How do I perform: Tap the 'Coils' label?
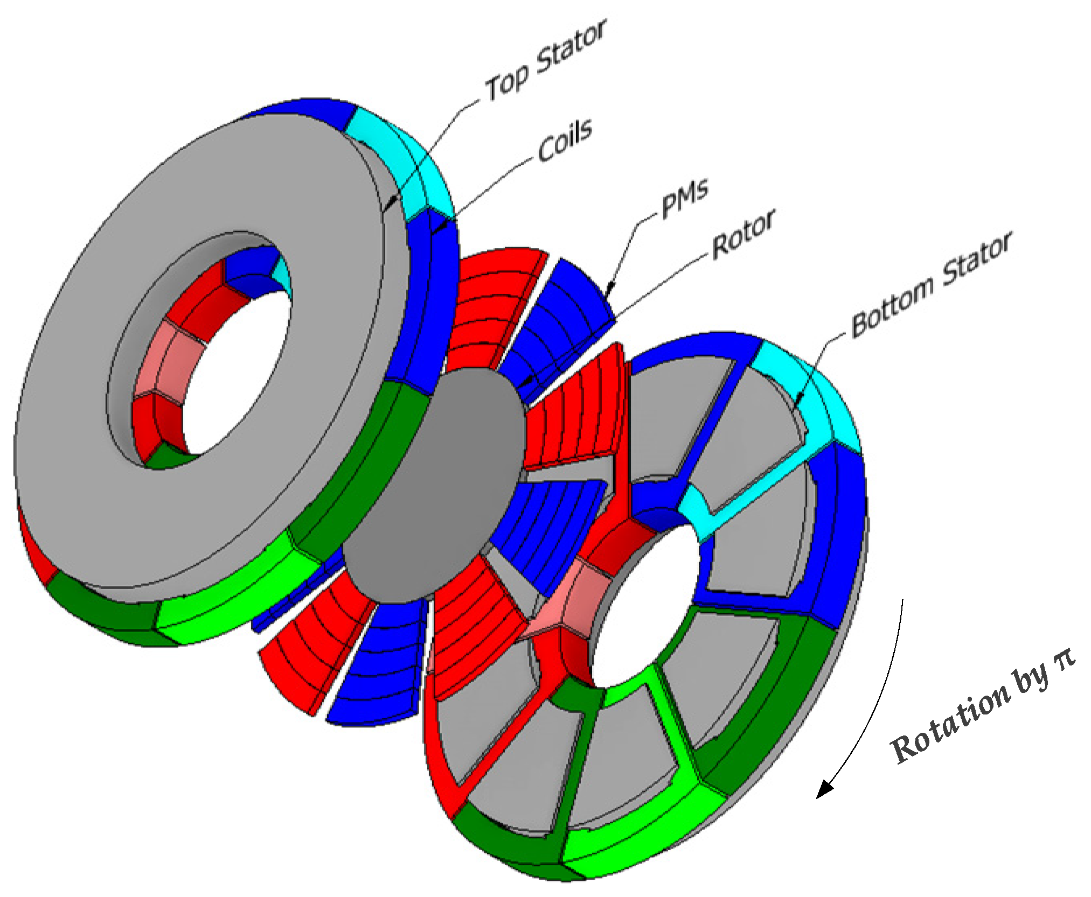(x=565, y=140)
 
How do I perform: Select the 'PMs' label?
(x=684, y=198)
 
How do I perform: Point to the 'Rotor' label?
(x=743, y=234)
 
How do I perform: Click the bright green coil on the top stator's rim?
(x=226, y=598)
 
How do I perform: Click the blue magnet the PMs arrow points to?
(x=566, y=318)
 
